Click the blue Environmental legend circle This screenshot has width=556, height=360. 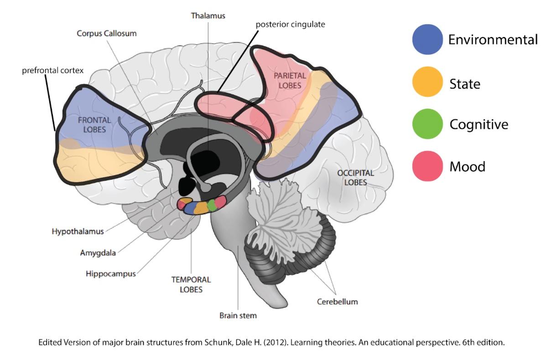point(427,39)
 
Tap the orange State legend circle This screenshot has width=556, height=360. point(427,82)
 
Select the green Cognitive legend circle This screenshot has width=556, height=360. point(427,124)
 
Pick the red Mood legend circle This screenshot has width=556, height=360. point(427,166)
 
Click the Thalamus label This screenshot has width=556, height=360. point(208,16)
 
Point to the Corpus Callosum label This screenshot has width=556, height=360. point(107,33)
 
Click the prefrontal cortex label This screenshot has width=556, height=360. point(53,71)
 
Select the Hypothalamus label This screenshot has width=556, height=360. point(78,231)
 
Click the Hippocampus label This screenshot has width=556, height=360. point(110,274)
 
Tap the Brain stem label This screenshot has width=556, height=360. point(238,315)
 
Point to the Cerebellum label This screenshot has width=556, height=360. point(338,302)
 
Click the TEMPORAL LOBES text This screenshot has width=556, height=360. point(191,284)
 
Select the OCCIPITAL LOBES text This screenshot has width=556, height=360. point(356,178)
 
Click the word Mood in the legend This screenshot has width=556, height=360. point(467,167)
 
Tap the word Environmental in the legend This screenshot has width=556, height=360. point(493,40)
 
